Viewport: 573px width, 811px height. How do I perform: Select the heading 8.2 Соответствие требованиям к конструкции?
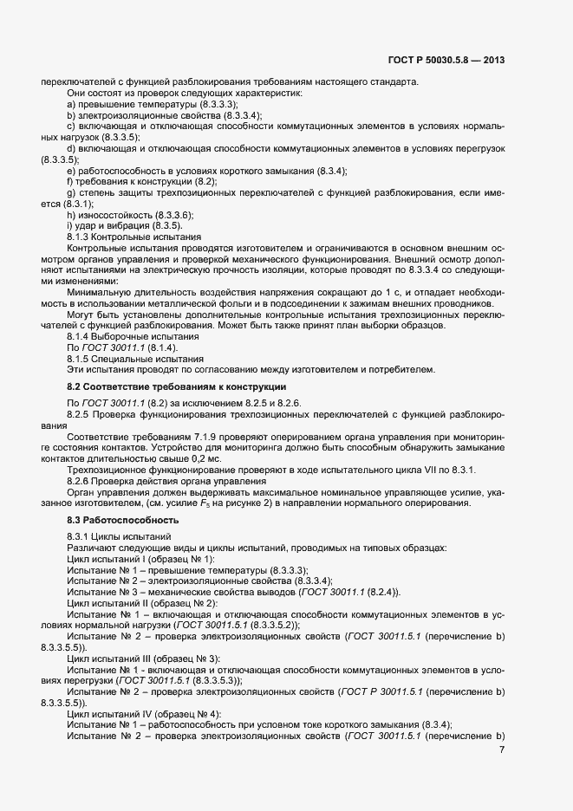tap(177, 386)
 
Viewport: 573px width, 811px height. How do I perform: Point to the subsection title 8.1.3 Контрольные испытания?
tap(133, 237)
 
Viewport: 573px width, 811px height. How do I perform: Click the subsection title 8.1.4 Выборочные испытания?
tap(132, 336)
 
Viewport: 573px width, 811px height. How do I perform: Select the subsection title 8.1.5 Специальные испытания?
tap(135, 359)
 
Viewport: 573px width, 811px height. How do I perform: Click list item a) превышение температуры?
tap(133, 103)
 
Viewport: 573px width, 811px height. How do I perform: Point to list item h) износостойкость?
tap(130, 215)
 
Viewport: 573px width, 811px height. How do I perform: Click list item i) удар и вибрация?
tap(124, 226)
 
